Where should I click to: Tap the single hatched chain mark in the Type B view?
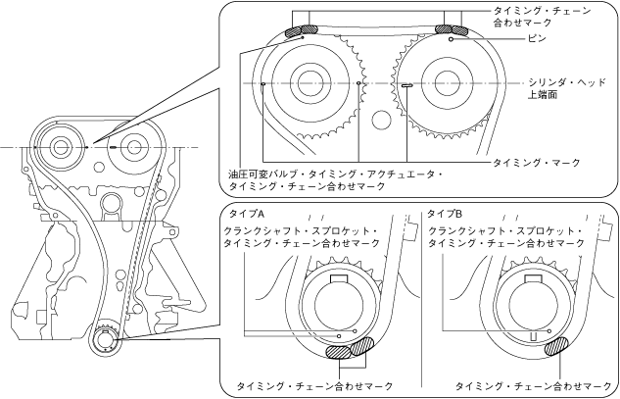point(562,344)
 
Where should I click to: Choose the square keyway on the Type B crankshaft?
point(538,283)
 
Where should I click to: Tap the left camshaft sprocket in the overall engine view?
point(61,147)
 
